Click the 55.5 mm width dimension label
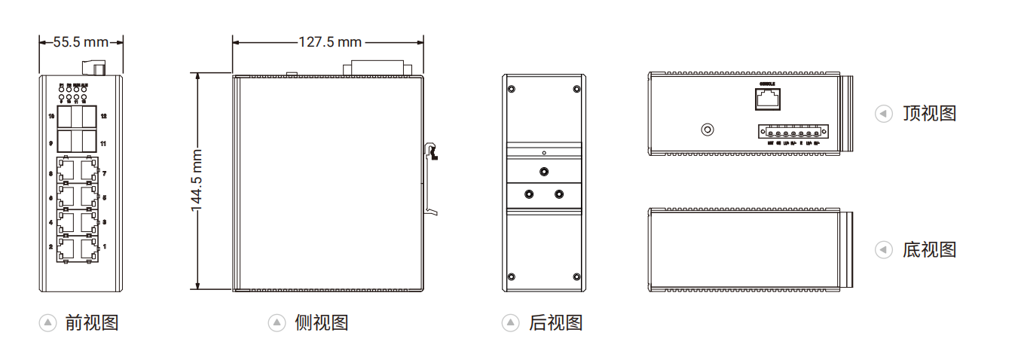[x=81, y=41]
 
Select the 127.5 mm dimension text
[x=329, y=41]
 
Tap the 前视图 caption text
[x=92, y=323]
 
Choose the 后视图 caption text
[x=556, y=323]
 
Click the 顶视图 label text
[x=929, y=114]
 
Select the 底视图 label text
[x=929, y=249]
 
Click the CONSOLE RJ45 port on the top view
[x=767, y=99]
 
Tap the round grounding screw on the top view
[x=708, y=130]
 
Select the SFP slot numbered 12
[x=89, y=117]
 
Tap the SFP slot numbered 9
[x=66, y=141]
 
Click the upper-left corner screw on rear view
[x=512, y=90]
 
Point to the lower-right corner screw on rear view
[x=576, y=276]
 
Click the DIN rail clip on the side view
[x=432, y=154]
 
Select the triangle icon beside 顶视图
[x=883, y=114]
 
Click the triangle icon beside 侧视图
[x=277, y=323]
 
